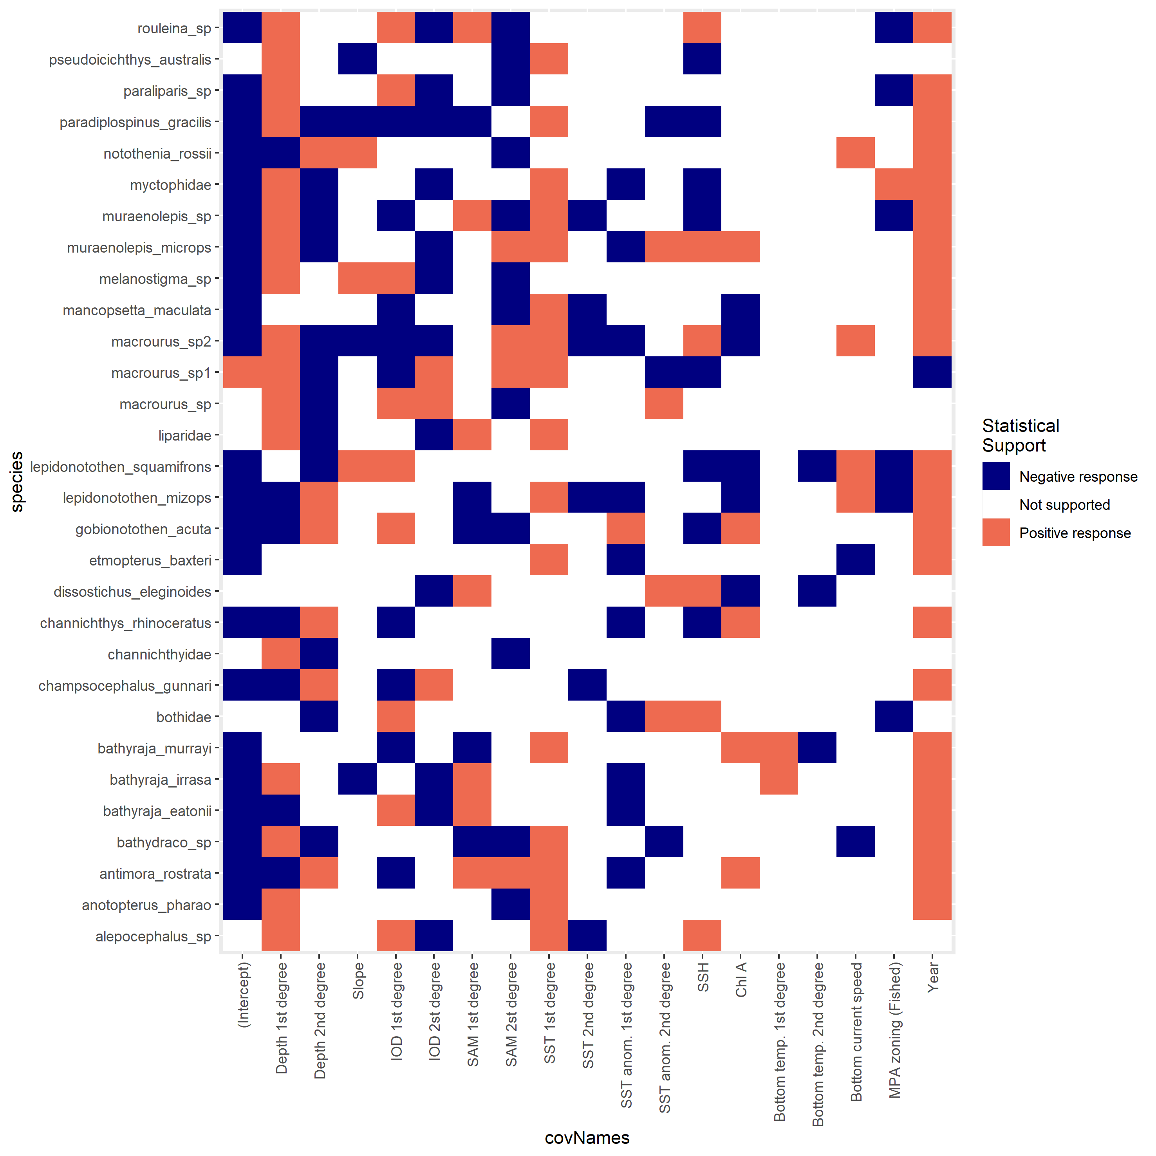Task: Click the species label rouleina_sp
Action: [174, 28]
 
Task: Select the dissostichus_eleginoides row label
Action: [132, 592]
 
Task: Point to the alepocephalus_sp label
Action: [153, 936]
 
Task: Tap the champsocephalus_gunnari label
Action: [125, 686]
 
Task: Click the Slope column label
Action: [358, 980]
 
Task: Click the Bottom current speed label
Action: [856, 1031]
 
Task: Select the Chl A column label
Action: [741, 979]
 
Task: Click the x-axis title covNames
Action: [587, 1138]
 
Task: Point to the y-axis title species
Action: [17, 482]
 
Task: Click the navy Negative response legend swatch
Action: [996, 476]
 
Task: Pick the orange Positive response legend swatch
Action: [996, 533]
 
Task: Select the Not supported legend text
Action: [1064, 505]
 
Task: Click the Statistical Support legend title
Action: [1021, 435]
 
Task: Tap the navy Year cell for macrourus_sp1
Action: [932, 372]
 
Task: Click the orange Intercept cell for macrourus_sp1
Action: [242, 372]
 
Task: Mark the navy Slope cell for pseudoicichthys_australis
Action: [357, 59]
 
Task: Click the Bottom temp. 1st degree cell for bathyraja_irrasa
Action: [779, 779]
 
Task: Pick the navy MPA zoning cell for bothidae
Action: [894, 716]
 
